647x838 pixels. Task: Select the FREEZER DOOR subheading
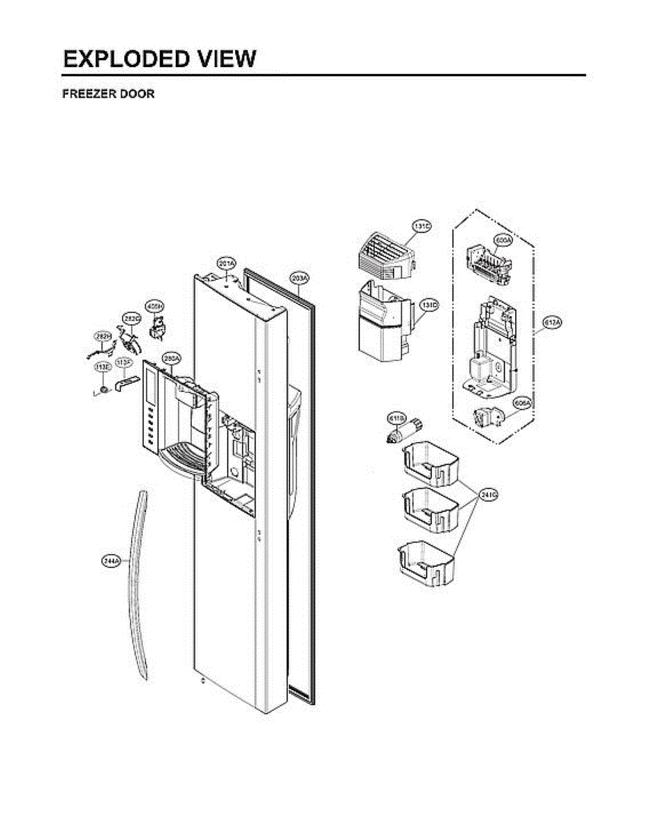108,94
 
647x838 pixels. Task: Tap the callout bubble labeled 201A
226,264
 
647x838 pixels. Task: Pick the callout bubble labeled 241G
489,495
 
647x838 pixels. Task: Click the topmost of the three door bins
431,465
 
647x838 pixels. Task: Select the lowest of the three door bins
426,561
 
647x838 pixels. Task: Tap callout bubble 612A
553,322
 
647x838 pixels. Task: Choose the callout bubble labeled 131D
429,306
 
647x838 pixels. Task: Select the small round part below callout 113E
103,388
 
